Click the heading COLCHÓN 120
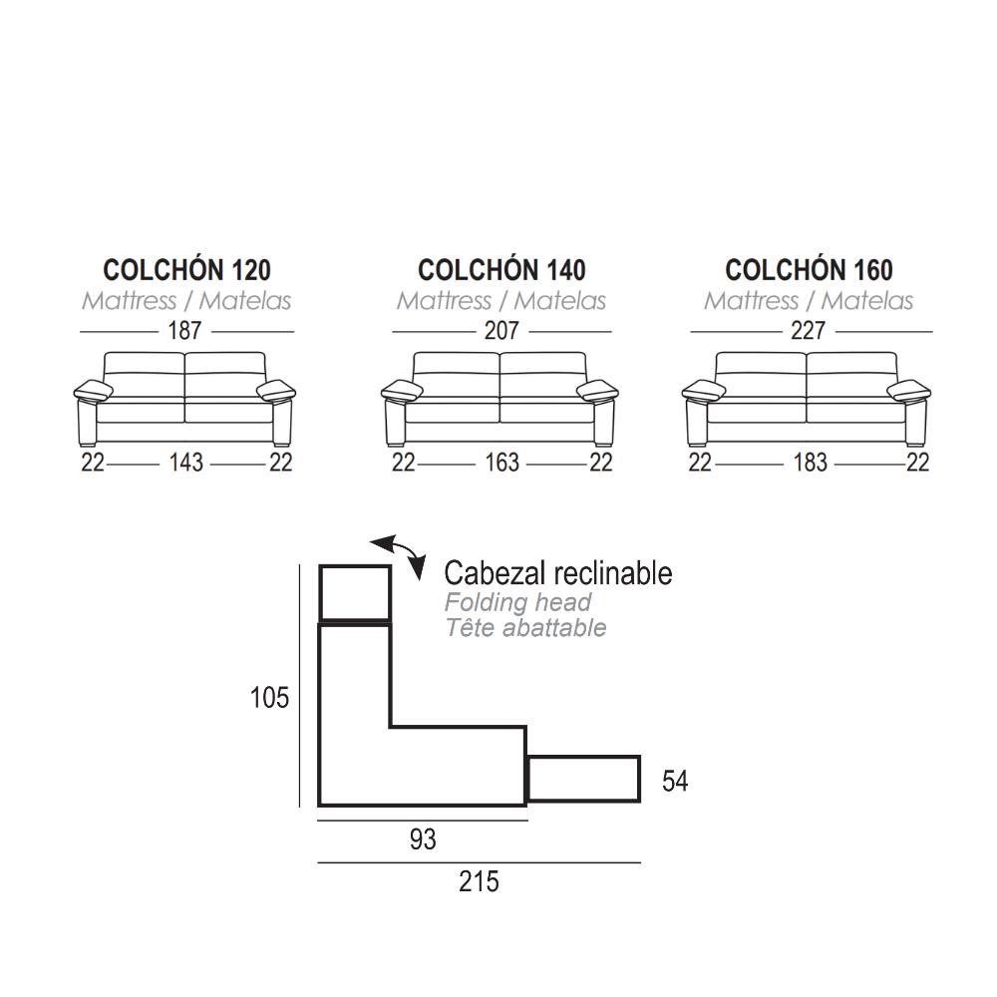click(187, 269)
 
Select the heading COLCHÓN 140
click(501, 269)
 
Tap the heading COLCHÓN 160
click(809, 269)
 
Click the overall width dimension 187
click(184, 331)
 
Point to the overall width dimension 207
click(501, 331)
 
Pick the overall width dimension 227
click(809, 331)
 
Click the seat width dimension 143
click(185, 463)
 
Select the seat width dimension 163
click(501, 463)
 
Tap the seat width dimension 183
click(810, 463)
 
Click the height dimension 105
click(269, 698)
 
